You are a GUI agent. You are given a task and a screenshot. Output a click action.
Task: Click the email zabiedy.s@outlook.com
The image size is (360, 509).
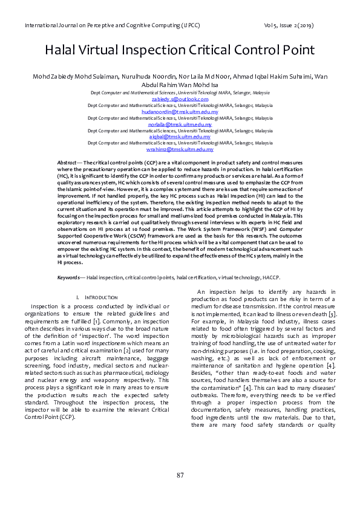pyautogui.click(x=180, y=99)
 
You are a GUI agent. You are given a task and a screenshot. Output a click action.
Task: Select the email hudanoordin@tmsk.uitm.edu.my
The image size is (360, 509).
pyautogui.click(x=180, y=112)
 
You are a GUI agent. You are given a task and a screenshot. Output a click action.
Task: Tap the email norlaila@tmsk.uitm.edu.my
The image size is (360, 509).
pyautogui.click(x=180, y=125)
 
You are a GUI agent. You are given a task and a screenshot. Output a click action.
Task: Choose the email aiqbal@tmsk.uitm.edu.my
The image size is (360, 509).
pyautogui.click(x=180, y=137)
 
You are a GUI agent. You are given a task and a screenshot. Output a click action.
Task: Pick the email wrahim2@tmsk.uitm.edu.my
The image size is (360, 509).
pyautogui.click(x=180, y=149)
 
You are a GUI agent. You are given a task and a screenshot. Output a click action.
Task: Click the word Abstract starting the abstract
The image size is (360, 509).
pyautogui.click(x=67, y=164)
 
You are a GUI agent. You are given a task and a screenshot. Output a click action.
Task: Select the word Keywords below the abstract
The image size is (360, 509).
pyautogui.click(x=70, y=277)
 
